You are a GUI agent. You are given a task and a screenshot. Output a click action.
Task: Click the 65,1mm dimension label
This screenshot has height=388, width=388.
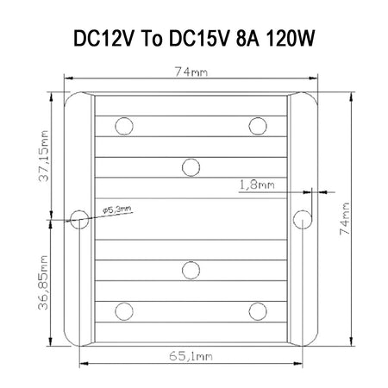pos(191,356)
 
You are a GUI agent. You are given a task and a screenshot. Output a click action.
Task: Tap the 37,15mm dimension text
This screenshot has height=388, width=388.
pos(44,156)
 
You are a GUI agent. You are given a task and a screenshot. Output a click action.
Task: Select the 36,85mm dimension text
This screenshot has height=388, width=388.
pos(43,283)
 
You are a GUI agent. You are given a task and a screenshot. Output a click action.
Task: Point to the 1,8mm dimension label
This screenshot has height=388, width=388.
pos(257,185)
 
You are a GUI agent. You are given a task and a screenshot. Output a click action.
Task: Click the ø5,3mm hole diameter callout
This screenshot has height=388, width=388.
pos(117,210)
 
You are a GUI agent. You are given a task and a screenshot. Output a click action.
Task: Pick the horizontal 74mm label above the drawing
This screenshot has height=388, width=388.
pos(191,72)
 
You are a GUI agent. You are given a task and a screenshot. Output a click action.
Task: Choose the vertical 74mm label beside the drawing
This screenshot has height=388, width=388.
pos(345,219)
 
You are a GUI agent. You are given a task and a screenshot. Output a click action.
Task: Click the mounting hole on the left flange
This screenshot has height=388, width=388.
pos(79,220)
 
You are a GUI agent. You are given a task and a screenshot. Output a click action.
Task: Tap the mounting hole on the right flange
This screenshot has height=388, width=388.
pos(303,220)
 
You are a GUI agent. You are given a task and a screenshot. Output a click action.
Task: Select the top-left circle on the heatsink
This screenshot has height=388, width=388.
pos(124,126)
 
